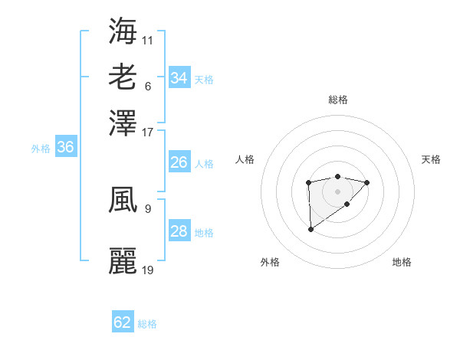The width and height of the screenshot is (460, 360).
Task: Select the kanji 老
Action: [x=123, y=77]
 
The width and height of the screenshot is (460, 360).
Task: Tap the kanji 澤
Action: [x=123, y=122]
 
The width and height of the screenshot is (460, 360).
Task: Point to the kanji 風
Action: [x=123, y=201]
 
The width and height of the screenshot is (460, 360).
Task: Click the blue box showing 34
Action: [x=179, y=78]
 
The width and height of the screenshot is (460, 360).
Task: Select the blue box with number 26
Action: [x=179, y=162]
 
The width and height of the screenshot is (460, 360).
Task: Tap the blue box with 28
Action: [x=179, y=231]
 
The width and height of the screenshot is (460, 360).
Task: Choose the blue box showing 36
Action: [x=65, y=148]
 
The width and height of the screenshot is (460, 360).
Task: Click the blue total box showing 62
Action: [x=123, y=322]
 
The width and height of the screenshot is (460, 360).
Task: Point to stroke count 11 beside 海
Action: [x=148, y=38]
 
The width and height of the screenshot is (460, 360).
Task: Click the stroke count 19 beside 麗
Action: [x=148, y=270]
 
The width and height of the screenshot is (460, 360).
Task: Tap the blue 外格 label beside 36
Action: [x=41, y=149]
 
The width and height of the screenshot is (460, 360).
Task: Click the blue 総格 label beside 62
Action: [x=147, y=323]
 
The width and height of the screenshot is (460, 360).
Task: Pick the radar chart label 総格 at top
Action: [x=338, y=100]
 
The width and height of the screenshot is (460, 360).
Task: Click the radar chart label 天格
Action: [x=432, y=159]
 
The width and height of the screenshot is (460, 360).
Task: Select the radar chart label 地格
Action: [x=402, y=262]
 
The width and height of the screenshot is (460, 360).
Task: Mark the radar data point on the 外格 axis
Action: [x=310, y=229]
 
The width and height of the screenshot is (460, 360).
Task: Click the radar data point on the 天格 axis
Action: [x=367, y=182]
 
